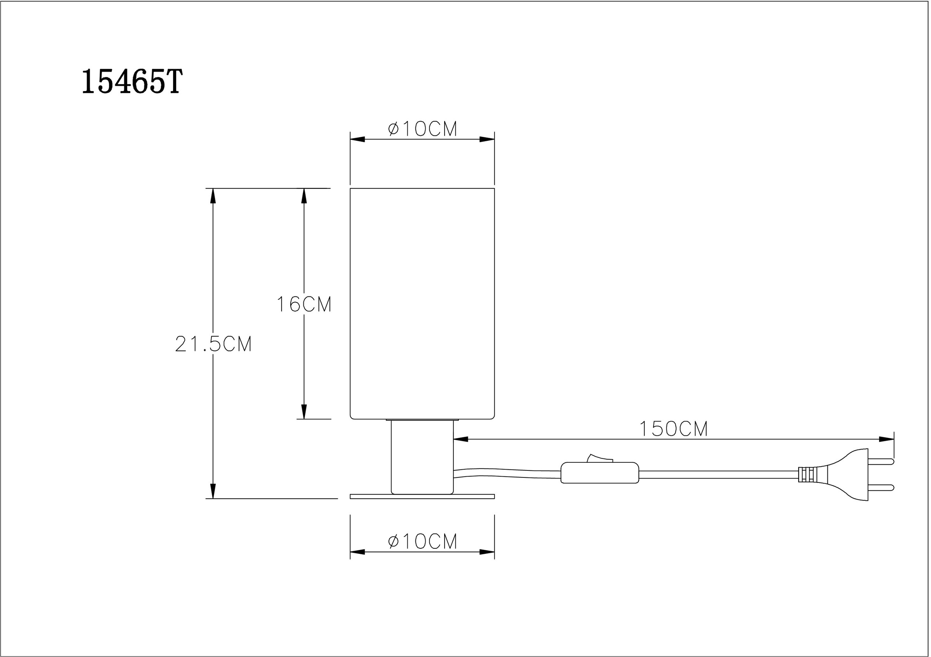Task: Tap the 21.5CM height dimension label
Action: (213, 344)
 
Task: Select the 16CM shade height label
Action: (304, 304)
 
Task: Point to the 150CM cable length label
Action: (673, 429)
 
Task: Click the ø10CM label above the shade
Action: (422, 129)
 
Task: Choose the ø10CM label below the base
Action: (422, 541)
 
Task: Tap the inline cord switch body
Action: (599, 473)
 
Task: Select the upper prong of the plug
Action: (881, 461)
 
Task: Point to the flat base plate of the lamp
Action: (422, 496)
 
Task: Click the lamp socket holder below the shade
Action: (422, 457)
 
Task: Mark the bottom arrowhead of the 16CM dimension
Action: (304, 412)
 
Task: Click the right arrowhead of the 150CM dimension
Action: (886, 439)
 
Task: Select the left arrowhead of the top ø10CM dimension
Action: (357, 139)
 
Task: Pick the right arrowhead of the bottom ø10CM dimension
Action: (487, 552)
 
